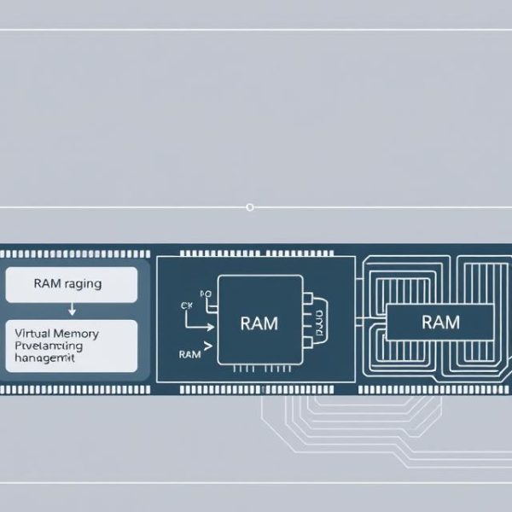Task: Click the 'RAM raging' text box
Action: click(71, 284)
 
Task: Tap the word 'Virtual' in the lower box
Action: click(35, 333)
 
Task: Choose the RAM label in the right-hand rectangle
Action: click(440, 322)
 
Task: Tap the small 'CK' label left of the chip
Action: click(188, 305)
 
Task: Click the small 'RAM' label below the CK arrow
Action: click(190, 353)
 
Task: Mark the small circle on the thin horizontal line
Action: click(249, 207)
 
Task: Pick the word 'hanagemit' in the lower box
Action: click(44, 360)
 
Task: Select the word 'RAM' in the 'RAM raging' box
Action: click(46, 284)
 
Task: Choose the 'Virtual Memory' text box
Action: click(71, 346)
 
